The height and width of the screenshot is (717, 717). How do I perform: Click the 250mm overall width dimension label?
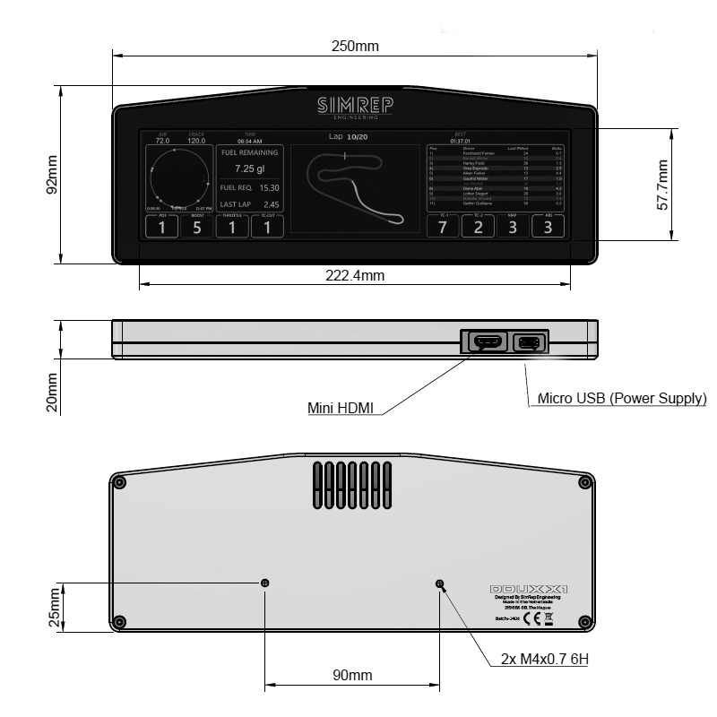(356, 46)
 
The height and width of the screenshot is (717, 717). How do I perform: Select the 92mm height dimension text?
(52, 175)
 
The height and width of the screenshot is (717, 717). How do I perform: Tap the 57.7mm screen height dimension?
(662, 185)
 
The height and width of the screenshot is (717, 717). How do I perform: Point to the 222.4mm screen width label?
(354, 276)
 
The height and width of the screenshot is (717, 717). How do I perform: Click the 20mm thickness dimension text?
(52, 391)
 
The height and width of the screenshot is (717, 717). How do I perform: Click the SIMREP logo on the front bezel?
(355, 107)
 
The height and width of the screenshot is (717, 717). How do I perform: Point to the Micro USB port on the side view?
(528, 341)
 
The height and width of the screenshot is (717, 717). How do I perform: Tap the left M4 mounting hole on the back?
(264, 583)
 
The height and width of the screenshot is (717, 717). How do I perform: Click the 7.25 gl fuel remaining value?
(250, 168)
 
